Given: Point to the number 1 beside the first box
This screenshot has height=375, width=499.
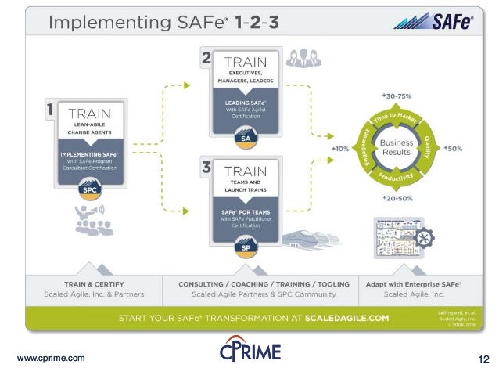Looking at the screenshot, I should point(48,110).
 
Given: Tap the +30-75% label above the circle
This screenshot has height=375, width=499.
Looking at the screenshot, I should point(397,96).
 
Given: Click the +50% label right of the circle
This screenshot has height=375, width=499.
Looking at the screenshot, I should point(455,147).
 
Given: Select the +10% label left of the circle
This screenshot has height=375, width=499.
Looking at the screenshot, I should point(339,147).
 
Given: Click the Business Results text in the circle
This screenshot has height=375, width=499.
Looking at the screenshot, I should point(397,148).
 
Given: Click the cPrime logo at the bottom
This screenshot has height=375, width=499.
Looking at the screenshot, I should point(249,352).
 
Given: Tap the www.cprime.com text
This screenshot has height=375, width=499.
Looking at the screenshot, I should point(51,359).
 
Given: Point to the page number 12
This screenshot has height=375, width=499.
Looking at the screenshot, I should point(483,359).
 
